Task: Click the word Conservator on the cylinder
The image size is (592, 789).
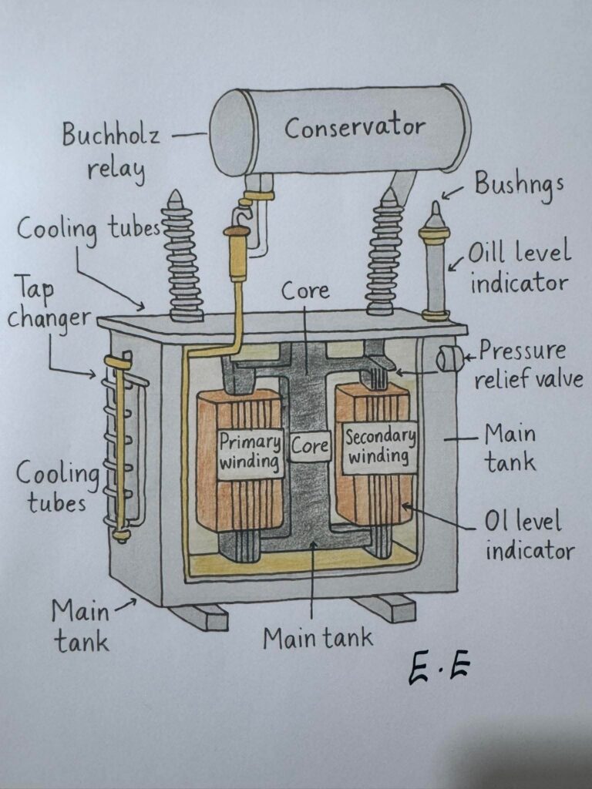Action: click(354, 128)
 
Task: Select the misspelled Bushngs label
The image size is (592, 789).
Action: click(518, 186)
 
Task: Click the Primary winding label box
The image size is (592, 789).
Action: click(249, 453)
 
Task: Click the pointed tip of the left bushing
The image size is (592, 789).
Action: click(176, 196)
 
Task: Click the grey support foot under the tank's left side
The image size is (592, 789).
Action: click(200, 616)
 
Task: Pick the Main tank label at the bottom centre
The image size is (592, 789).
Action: click(318, 638)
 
